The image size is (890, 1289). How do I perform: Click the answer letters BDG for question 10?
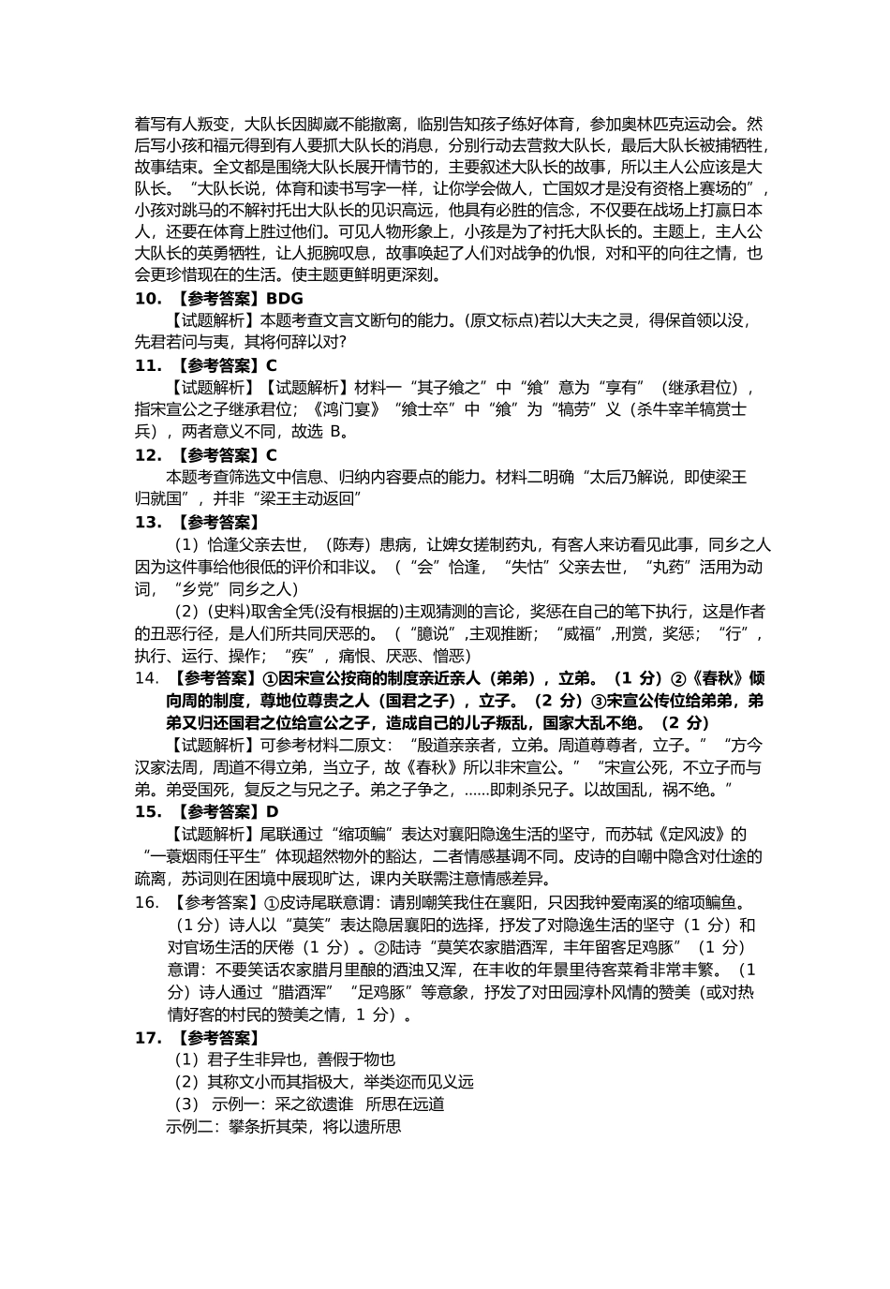click(x=285, y=299)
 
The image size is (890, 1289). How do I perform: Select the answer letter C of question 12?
click(x=272, y=455)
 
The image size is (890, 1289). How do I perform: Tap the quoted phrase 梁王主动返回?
click(x=305, y=499)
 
